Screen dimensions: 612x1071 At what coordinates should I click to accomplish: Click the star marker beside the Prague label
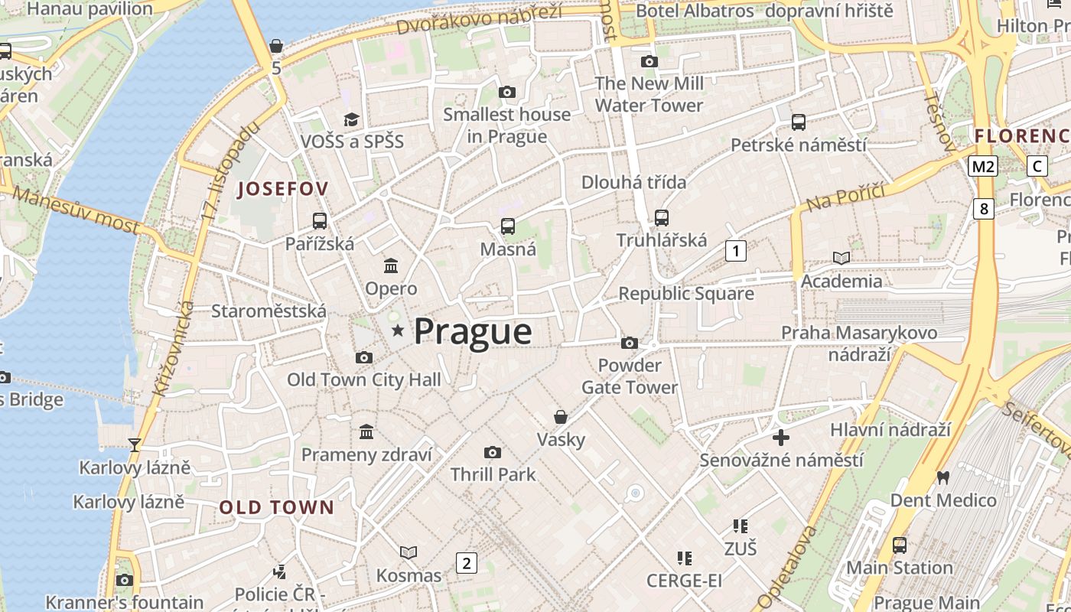coord(398,330)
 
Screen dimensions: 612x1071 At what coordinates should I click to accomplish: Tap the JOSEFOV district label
coord(282,189)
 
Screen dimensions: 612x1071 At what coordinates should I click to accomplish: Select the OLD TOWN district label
coord(277,507)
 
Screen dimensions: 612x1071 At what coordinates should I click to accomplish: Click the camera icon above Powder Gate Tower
coord(630,343)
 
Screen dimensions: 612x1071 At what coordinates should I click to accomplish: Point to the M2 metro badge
coord(983,166)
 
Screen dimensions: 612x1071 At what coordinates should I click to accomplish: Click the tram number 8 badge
coord(984,208)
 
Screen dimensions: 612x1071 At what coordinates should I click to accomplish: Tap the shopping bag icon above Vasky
coord(561,417)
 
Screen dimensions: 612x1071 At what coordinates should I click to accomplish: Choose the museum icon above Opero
coord(391,265)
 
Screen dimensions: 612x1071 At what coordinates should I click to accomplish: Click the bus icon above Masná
coord(508,226)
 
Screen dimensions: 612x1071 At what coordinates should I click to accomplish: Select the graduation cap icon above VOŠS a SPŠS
coord(351,119)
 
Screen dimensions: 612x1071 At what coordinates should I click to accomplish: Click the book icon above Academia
coord(841,259)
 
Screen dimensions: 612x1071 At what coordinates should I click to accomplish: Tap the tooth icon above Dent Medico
coord(942,477)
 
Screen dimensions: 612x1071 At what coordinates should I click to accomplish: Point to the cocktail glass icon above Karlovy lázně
coord(135,444)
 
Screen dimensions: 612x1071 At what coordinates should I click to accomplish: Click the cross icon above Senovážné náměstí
coord(781,438)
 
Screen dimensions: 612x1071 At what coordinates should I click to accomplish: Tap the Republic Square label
coord(686,294)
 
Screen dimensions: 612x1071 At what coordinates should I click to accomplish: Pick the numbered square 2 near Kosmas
coord(467,563)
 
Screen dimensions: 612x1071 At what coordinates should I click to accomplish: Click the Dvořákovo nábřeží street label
coord(480,19)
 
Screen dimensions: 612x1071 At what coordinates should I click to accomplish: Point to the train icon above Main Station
coord(900,545)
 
